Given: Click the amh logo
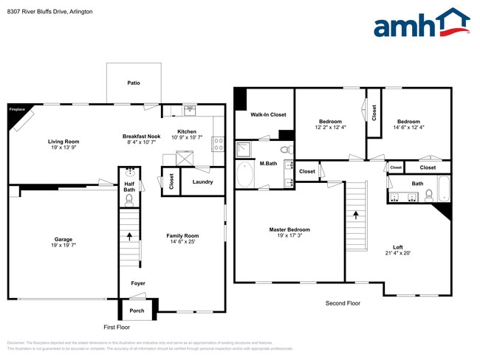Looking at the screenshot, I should tap(421, 24).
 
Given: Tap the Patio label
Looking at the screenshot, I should tap(134, 83).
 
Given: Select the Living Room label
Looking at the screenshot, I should tap(64, 142).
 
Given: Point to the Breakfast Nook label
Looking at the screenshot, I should tap(142, 136).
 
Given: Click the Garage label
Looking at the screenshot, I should tap(64, 239).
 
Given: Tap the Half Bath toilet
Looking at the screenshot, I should tap(129, 199).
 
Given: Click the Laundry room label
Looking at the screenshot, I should tap(202, 181).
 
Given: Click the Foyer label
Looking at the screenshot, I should tap(138, 283).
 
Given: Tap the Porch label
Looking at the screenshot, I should tap(137, 311).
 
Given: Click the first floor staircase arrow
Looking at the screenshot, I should tap(131, 236).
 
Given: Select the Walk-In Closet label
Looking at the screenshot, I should tap(268, 115).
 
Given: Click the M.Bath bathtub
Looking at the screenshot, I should tap(245, 175).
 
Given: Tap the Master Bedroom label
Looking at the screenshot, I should tap(289, 229).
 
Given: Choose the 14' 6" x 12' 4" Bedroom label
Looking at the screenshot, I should tap(408, 122).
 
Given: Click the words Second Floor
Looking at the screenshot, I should tap(343, 303).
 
